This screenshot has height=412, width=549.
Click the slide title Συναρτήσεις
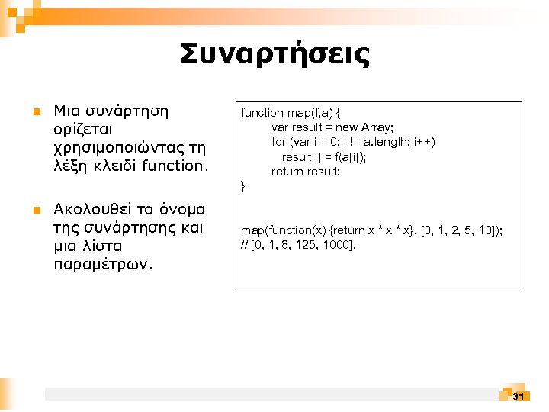point(274,54)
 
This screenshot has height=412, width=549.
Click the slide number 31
point(518,396)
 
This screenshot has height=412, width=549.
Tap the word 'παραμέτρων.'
point(103,265)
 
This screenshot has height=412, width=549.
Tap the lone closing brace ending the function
point(243,187)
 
